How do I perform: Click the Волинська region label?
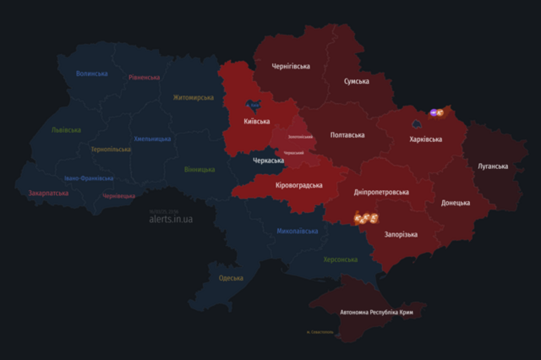point(91,74)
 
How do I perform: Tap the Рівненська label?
point(144,77)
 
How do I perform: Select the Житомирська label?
point(193,97)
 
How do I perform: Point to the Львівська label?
point(66,130)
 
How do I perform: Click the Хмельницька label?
point(152,139)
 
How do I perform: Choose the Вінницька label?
point(199,169)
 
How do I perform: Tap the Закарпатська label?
point(48,193)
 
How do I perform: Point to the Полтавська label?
point(347,134)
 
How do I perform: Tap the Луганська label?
point(493,166)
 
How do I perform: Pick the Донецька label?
point(459,203)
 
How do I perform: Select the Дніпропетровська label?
point(380,192)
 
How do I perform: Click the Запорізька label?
point(400,234)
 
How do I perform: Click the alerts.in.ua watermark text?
point(171,219)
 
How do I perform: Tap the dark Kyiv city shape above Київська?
point(253,106)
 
